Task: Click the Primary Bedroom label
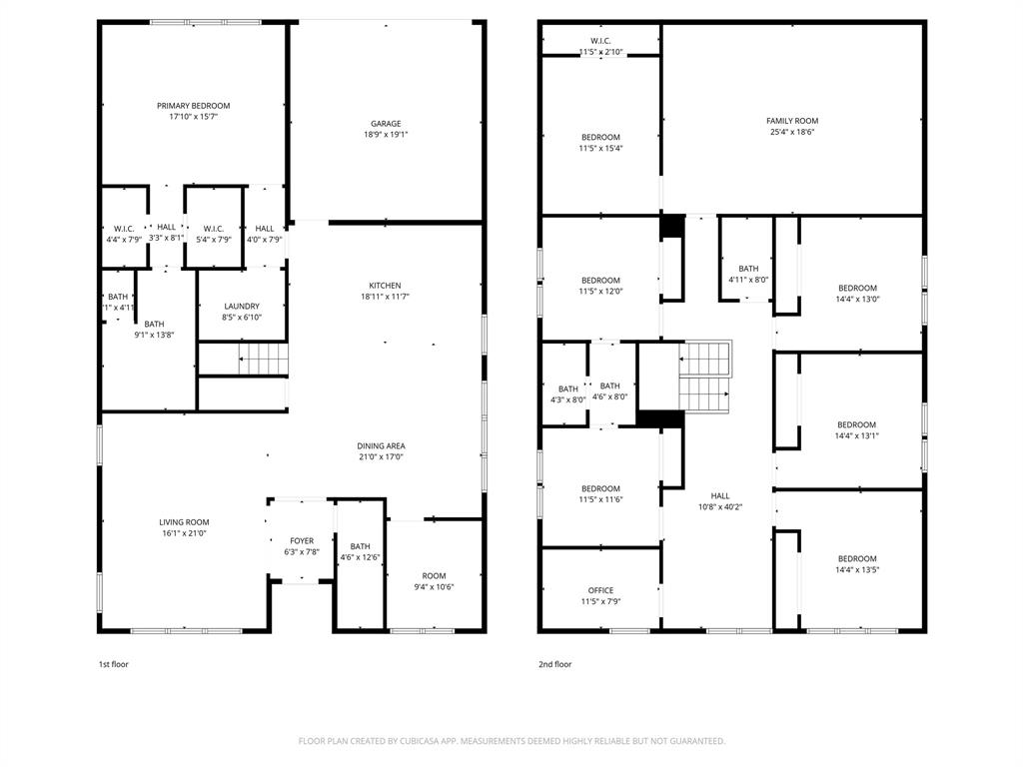point(193,106)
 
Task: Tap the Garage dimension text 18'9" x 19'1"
point(386,135)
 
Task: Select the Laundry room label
point(242,307)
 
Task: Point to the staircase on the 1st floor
point(261,357)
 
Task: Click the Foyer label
point(302,540)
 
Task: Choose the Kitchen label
point(386,286)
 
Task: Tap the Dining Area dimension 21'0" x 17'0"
point(382,457)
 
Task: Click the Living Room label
point(184,522)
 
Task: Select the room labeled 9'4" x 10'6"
point(434,581)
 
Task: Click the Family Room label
point(792,121)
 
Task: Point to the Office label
point(601,590)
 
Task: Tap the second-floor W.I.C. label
point(601,40)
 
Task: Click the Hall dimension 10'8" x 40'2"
point(720,507)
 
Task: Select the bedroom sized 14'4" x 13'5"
point(857,564)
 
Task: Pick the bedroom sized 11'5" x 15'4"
point(601,143)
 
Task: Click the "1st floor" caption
point(113,664)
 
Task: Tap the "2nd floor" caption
point(554,664)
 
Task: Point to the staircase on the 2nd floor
point(705,377)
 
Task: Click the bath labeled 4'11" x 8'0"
point(748,274)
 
